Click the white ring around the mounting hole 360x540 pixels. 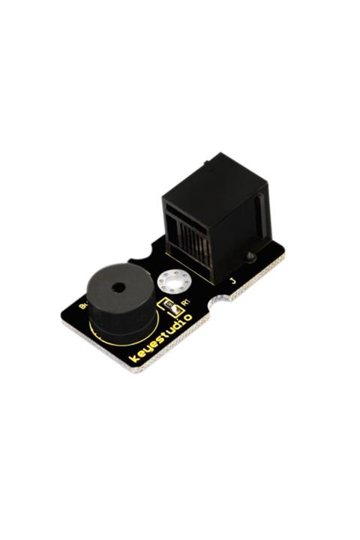point(174,284)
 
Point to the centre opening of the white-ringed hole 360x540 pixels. point(174,283)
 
